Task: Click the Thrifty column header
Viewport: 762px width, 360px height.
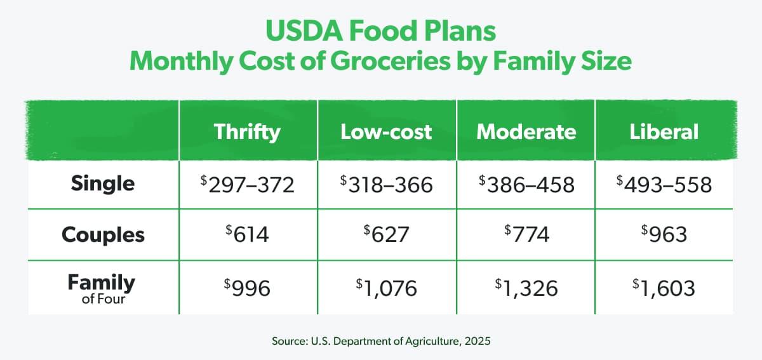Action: pos(247,131)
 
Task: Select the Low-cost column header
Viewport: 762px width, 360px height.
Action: pos(386,131)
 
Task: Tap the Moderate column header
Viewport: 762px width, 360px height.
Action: pos(526,131)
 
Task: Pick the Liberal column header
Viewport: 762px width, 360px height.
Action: pos(664,131)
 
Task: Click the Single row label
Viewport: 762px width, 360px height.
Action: pos(103,183)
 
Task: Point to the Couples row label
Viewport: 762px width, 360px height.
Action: pos(103,235)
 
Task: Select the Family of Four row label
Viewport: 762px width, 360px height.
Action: pos(103,288)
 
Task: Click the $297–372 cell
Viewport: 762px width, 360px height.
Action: pos(247,184)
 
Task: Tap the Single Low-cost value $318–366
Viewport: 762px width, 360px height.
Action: pos(386,184)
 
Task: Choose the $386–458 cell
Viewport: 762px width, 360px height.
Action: pos(526,184)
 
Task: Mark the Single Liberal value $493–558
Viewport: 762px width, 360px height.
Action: pos(664,184)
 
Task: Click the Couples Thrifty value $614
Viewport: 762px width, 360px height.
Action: pos(247,235)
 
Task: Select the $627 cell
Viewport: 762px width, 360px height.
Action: pos(386,235)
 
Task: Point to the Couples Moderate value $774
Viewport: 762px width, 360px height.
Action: pos(526,235)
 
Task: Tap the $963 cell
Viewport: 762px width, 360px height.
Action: pos(664,235)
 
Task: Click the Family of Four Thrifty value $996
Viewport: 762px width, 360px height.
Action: pos(247,288)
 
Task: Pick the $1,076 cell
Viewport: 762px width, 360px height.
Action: pos(386,288)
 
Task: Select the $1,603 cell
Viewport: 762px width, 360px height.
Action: pos(664,288)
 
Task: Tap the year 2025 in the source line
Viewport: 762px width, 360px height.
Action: pos(477,340)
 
